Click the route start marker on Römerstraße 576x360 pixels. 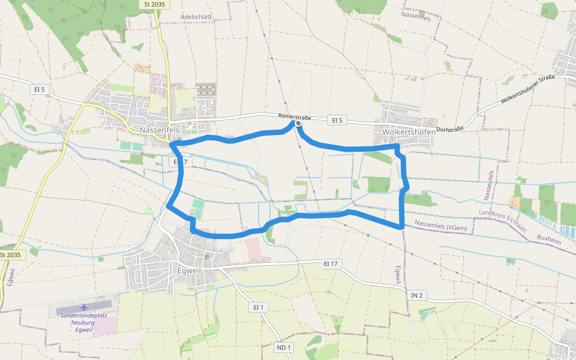click(x=298, y=124)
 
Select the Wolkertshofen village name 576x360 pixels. click(x=408, y=130)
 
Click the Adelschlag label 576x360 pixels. click(x=196, y=17)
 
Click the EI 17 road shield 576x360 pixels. click(x=331, y=263)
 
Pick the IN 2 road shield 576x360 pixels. click(x=417, y=295)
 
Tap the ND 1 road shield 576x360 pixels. click(x=284, y=347)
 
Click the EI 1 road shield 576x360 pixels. click(x=258, y=307)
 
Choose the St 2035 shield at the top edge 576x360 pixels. click(x=155, y=4)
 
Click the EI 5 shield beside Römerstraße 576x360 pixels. click(x=337, y=121)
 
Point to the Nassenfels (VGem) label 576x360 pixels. click(x=440, y=226)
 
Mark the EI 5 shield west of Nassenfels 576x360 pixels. click(x=40, y=89)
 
